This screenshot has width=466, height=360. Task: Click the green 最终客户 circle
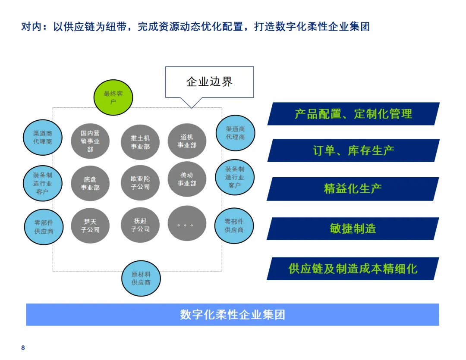[x=113, y=97]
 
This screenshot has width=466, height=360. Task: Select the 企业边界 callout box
[x=209, y=82]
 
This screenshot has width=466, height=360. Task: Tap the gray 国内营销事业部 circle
[x=90, y=141]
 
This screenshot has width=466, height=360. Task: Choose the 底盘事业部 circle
[x=90, y=183]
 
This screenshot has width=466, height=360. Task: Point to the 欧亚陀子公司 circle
[x=140, y=182]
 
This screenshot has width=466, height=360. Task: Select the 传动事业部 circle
[x=187, y=179]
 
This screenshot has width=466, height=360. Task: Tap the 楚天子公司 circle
[x=90, y=225]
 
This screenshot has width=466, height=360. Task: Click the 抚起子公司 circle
[x=140, y=225]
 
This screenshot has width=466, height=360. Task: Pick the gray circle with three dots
[x=187, y=224]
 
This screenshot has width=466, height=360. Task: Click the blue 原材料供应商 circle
[x=141, y=278]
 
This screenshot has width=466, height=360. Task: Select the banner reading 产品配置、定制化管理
[x=353, y=114]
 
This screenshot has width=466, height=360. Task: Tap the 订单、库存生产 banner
[x=353, y=150]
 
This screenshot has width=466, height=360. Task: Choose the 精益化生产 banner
[x=353, y=188]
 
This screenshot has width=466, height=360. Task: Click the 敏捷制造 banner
[x=353, y=229]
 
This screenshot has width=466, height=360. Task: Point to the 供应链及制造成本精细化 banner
[x=353, y=269]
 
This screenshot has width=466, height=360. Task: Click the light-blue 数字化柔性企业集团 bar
[x=233, y=314]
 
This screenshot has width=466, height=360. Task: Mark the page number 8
[x=23, y=348]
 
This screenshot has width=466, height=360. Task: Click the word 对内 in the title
[x=30, y=27]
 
